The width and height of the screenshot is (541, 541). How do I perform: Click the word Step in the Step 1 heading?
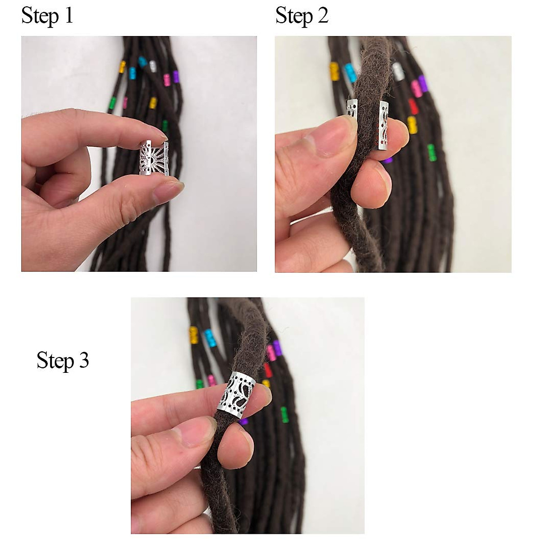point(40,16)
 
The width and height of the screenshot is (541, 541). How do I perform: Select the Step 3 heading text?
point(63,361)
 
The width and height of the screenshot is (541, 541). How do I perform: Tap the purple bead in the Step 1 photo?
point(176,77)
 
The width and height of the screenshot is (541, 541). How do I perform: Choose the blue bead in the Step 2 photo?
point(350,73)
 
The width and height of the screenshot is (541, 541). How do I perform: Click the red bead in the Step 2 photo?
point(413,106)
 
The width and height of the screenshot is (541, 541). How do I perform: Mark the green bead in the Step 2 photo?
point(431,152)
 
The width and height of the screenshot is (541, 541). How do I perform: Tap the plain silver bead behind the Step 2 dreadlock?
point(398,71)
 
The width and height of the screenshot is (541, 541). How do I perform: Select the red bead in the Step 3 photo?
point(268,370)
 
